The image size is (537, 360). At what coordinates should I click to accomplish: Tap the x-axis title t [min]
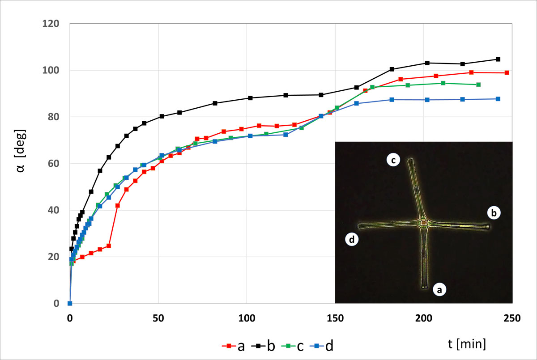tap(467, 343)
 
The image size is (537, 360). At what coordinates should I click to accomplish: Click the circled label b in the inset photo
tap(494, 213)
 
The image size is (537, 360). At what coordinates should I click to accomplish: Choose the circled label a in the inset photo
tap(439, 290)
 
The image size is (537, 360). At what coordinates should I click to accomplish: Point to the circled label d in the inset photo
tap(352, 240)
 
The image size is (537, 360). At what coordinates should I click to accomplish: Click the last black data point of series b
tap(498, 59)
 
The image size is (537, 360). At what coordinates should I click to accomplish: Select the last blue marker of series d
tap(498, 99)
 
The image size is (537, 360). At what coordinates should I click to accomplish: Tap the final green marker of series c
tap(478, 85)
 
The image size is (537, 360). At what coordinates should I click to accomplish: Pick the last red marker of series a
tap(507, 72)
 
